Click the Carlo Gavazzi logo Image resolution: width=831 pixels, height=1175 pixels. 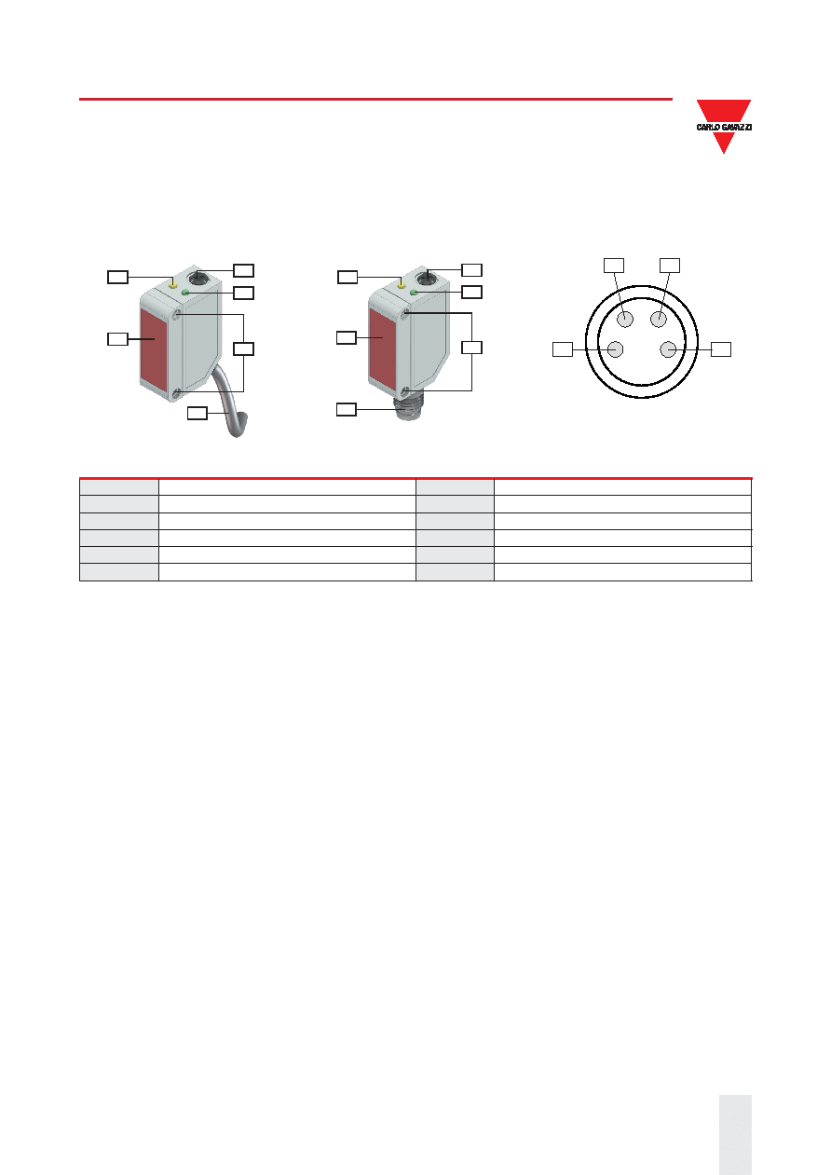[x=724, y=126]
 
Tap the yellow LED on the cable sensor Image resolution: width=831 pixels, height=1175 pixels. [x=173, y=285]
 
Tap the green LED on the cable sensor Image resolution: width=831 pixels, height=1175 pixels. [x=185, y=293]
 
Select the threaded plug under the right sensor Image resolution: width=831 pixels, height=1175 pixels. [x=410, y=407]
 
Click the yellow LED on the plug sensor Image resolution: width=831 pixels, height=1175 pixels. [x=402, y=284]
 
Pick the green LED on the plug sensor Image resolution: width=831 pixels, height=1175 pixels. [x=414, y=292]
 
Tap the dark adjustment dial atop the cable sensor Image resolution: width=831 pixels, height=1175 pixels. [x=198, y=277]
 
